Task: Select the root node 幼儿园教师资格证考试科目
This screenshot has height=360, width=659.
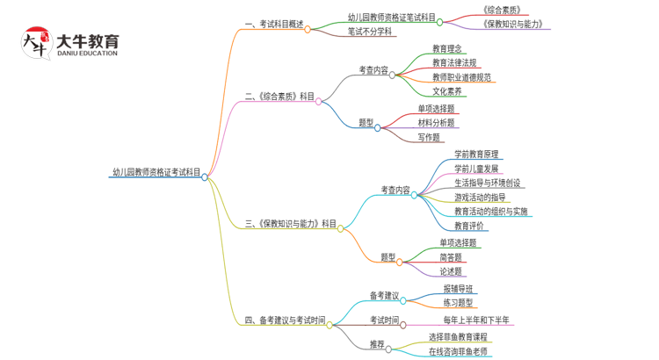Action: pos(156,173)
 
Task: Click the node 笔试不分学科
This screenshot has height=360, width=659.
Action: pos(370,32)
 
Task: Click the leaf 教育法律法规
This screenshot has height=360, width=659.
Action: pos(454,63)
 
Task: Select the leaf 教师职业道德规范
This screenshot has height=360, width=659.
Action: pos(461,77)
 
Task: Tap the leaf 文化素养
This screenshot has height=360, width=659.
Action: pos(447,91)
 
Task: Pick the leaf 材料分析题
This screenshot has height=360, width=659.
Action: pos(436,123)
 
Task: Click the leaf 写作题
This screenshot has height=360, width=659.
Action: pos(429,137)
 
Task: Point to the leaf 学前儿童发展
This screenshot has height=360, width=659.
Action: pos(476,169)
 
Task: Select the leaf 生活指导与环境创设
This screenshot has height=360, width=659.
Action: pos(489,183)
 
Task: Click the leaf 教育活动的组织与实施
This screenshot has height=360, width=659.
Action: pos(490,212)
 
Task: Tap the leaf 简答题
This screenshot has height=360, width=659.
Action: pos(452,257)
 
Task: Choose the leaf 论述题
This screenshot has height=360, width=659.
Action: pos(452,271)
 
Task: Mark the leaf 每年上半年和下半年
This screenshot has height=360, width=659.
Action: pos(482,320)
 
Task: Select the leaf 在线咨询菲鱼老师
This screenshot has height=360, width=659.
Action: pos(460,351)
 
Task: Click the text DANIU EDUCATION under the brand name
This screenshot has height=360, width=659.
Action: pos(86,54)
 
